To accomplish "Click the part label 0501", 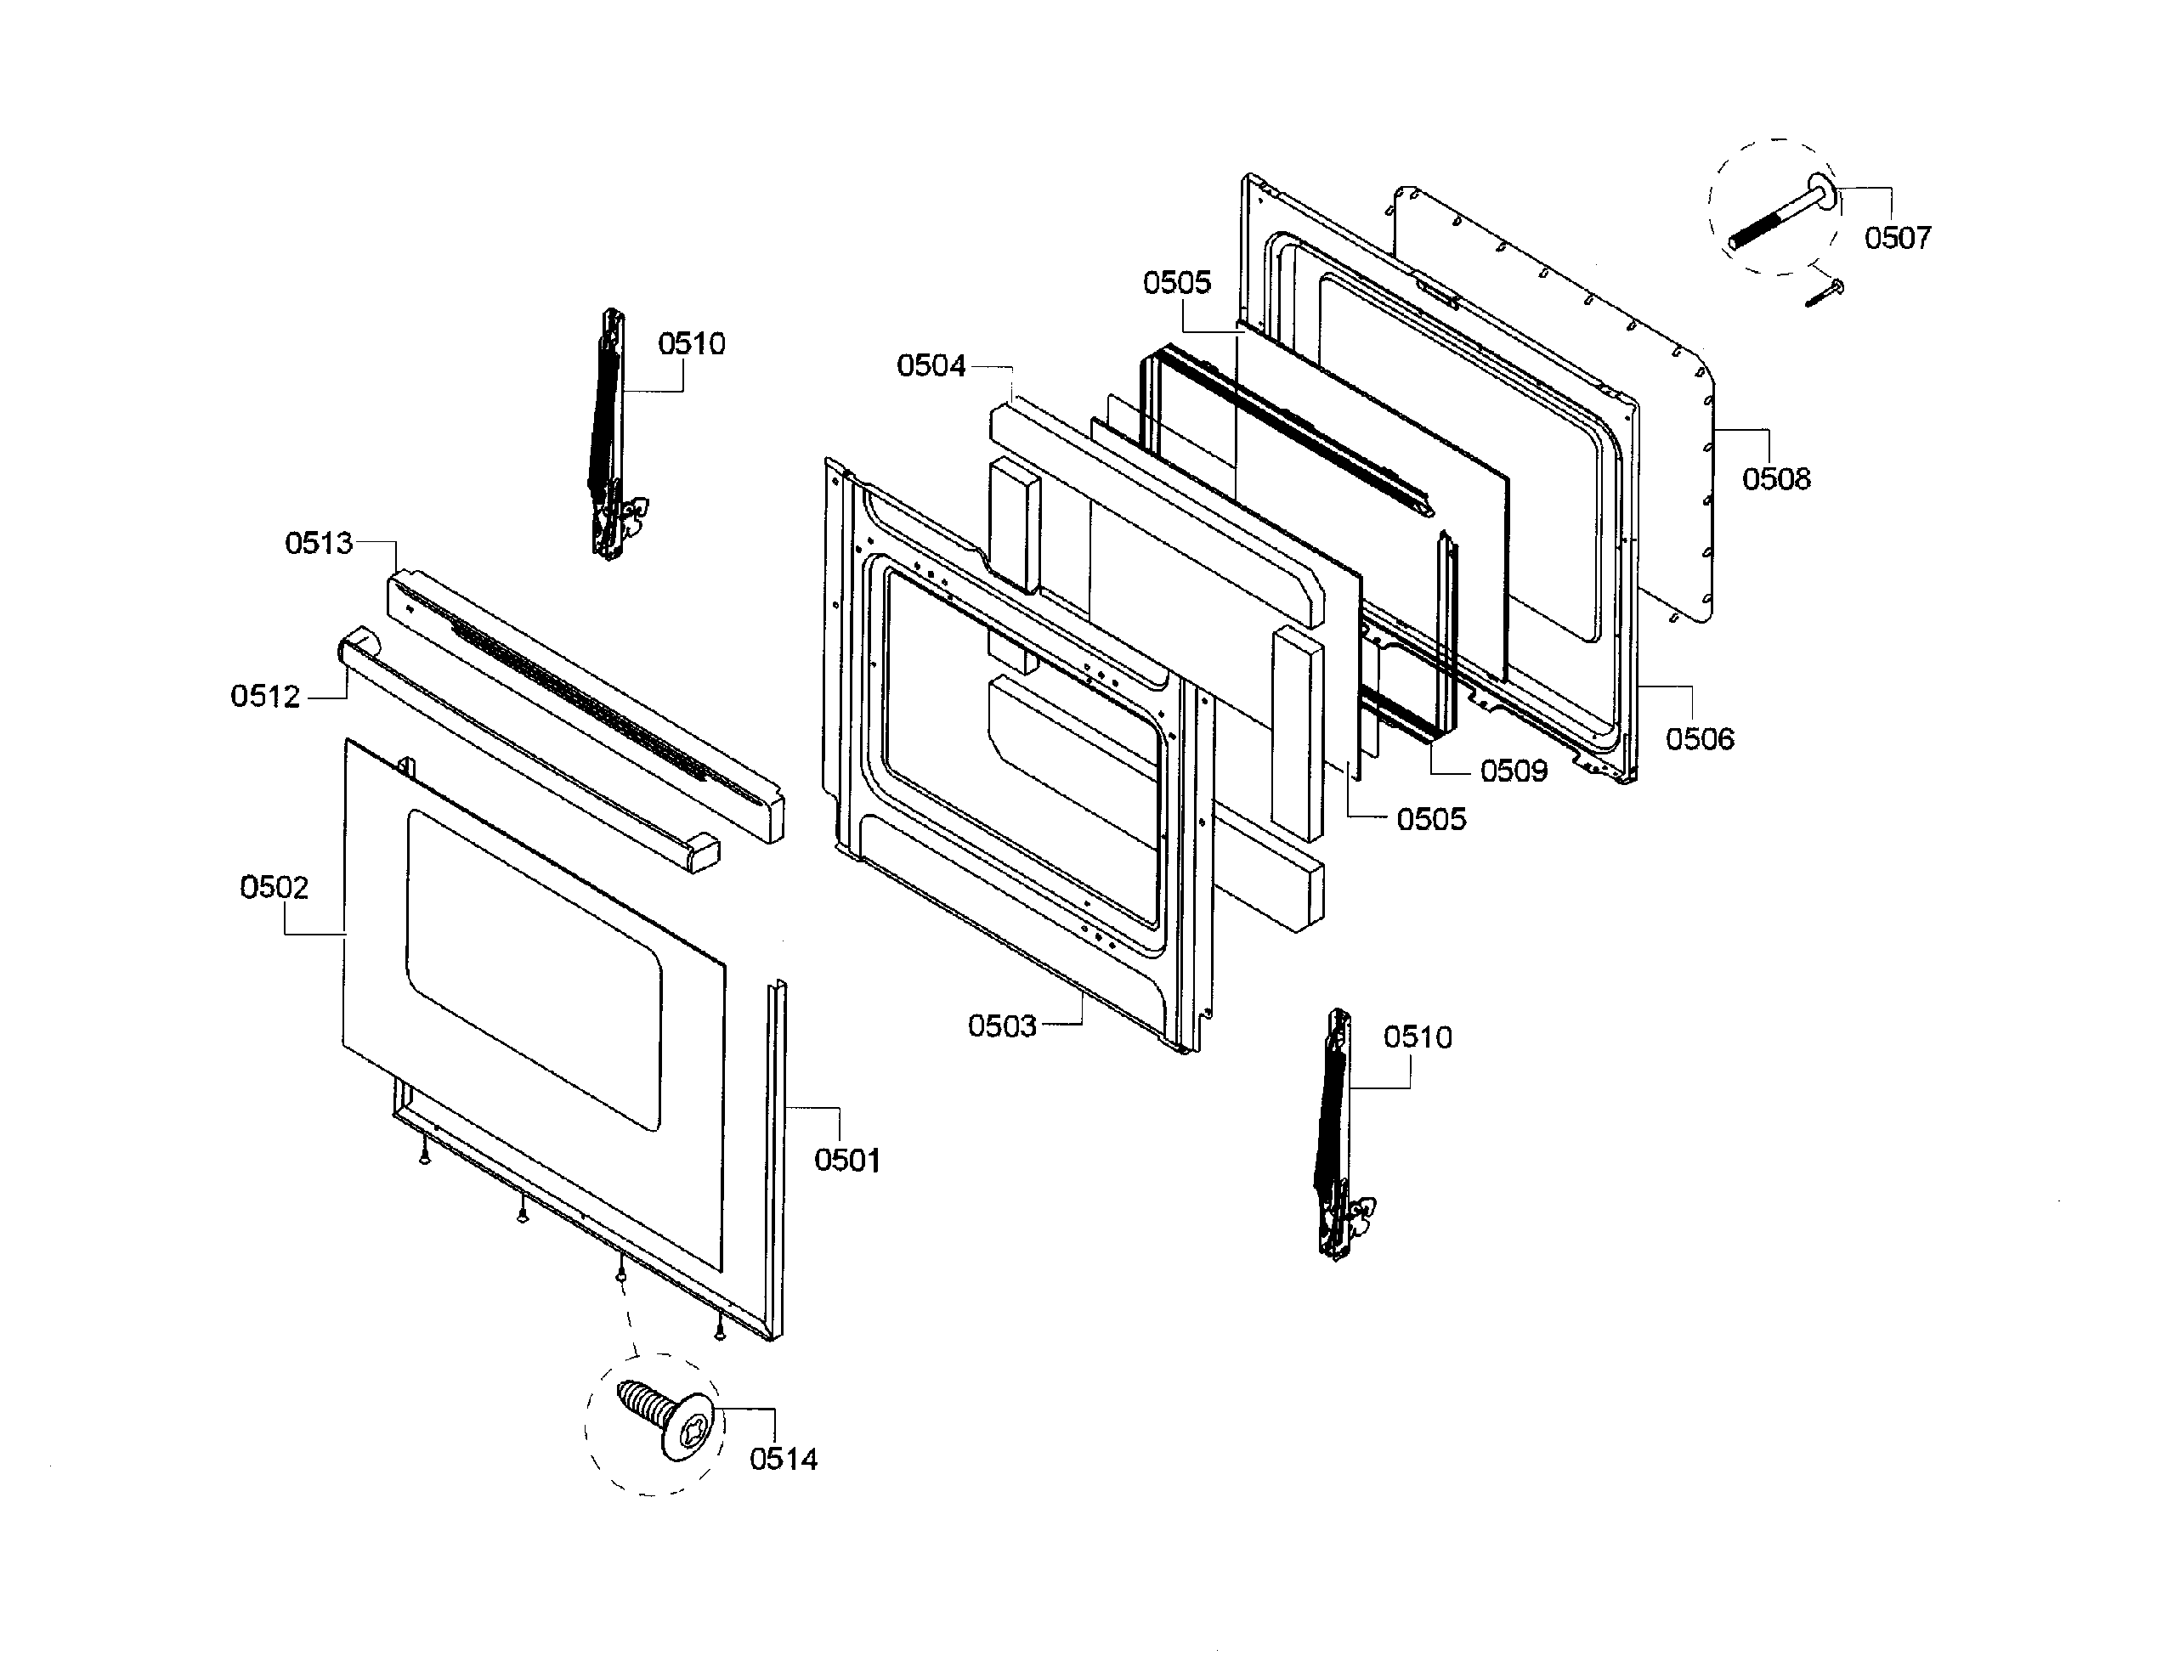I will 846,1160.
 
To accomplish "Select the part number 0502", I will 274,887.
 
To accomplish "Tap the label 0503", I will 1002,1025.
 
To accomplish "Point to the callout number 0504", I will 931,366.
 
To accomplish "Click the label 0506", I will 1699,738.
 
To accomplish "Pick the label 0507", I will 1897,237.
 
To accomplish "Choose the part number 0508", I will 1775,478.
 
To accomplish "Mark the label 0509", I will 1514,771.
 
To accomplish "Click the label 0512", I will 265,696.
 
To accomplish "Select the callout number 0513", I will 319,543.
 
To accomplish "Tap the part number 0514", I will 784,1458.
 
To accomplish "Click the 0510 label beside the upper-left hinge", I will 691,344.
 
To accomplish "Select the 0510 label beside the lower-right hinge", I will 1418,1037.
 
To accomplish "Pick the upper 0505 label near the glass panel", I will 1177,283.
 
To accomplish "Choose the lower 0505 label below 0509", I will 1431,819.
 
